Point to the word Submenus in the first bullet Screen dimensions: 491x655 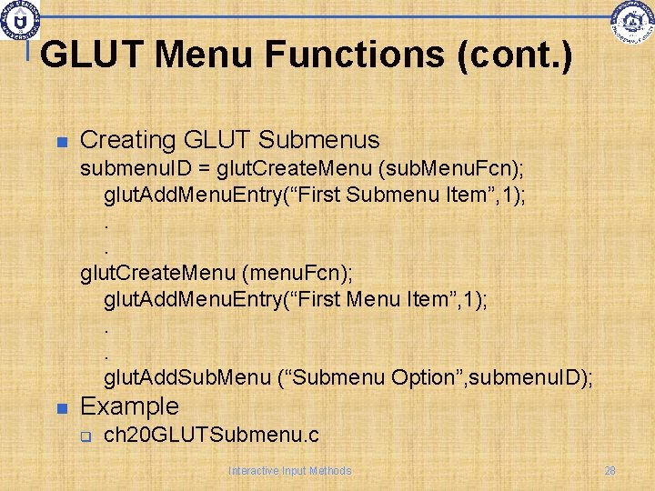[319, 141]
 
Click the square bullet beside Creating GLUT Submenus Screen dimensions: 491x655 [62, 143]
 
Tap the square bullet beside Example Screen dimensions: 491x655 [62, 407]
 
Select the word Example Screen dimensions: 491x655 [130, 406]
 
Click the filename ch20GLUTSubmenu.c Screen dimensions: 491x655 [211, 436]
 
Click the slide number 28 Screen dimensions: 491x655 [610, 471]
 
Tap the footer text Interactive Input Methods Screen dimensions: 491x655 [289, 471]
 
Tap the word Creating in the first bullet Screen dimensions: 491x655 [126, 141]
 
